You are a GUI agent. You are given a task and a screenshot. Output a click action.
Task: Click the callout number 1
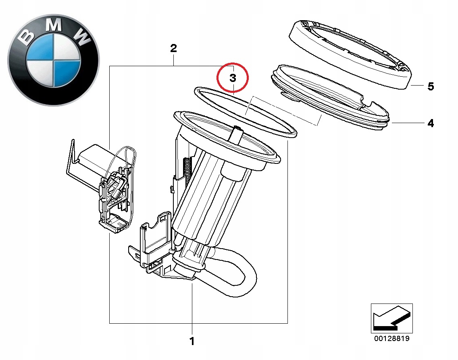192,341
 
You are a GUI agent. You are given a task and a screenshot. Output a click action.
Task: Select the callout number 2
173,49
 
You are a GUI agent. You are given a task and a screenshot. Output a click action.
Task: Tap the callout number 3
233,78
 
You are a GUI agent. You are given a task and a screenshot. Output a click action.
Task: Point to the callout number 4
431,123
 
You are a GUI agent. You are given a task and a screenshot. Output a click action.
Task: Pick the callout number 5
431,86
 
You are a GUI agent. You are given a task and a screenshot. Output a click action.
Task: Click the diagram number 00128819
391,339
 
